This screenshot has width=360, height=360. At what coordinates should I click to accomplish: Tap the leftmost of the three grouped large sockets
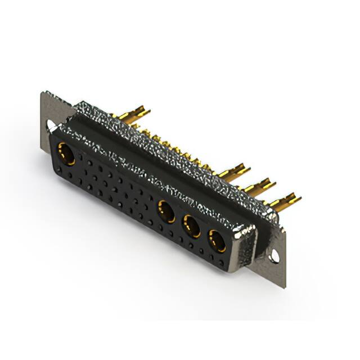(x=165, y=211)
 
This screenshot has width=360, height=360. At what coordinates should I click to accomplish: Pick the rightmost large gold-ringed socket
(x=217, y=240)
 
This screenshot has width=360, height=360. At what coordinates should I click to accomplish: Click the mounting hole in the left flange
(x=51, y=125)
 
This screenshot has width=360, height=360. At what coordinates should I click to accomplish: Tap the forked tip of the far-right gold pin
(x=293, y=198)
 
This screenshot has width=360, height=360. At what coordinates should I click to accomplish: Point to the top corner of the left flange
(x=43, y=93)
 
